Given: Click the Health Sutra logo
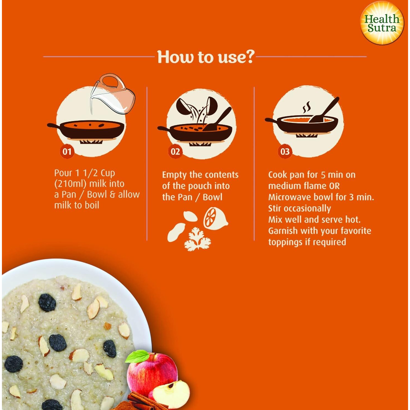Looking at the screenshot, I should [x=382, y=23].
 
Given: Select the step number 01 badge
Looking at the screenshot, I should [x=67, y=152].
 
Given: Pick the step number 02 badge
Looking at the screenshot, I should [x=175, y=152].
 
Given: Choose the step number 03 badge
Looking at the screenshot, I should [x=285, y=152].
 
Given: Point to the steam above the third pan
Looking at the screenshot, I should [x=307, y=107].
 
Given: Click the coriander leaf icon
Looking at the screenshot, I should [x=197, y=240].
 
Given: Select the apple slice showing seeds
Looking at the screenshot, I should [x=171, y=393].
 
